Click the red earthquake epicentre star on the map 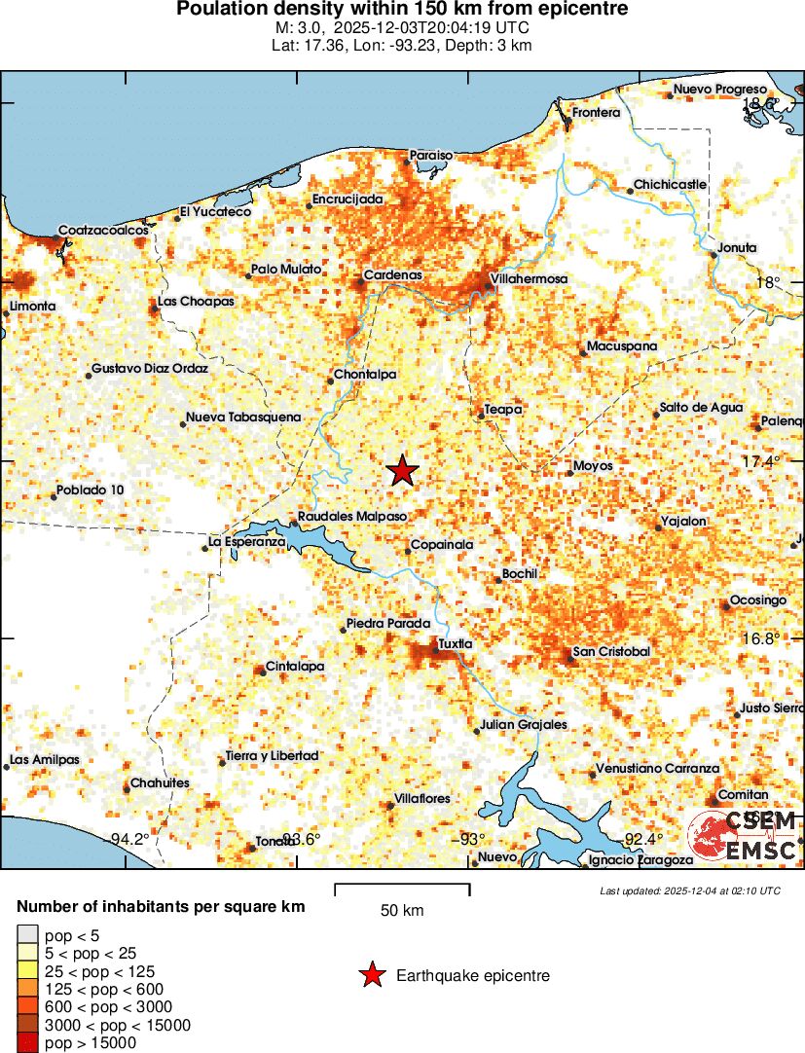pos(402,471)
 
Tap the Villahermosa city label pos(529,279)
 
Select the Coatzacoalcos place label pos(103,231)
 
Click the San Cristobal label pos(610,651)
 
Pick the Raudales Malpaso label pos(351,516)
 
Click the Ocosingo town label pos(757,600)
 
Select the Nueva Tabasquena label pos(243,417)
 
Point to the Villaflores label pos(421,798)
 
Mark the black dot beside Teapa pos(480,416)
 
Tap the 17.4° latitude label pos(760,460)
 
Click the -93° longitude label pos(470,839)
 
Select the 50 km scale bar pos(402,889)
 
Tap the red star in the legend pos(372,975)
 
